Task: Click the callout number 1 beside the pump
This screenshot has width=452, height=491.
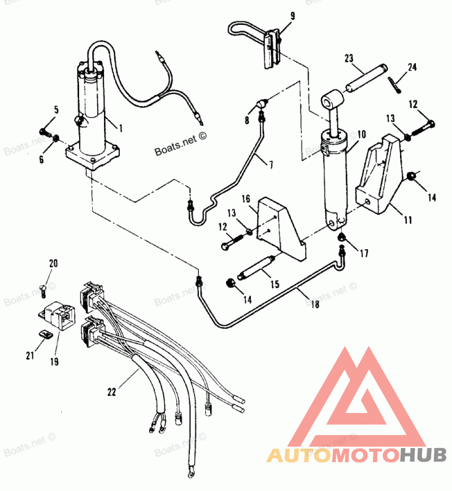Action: (x=120, y=128)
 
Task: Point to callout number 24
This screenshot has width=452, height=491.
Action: (x=412, y=67)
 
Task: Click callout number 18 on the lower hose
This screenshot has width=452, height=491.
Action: (x=315, y=304)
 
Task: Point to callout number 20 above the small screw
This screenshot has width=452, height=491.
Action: (x=53, y=263)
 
